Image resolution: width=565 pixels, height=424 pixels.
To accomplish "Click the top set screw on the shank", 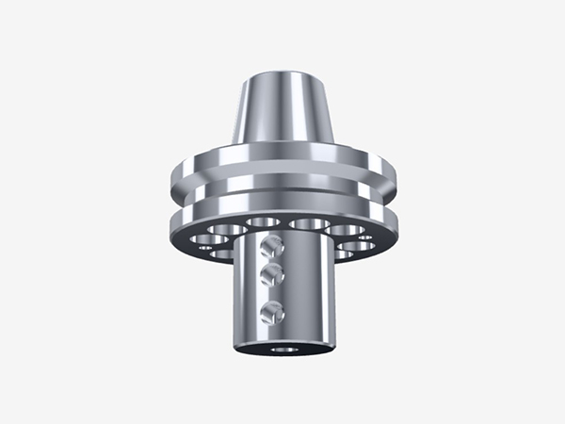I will pyautogui.click(x=271, y=247).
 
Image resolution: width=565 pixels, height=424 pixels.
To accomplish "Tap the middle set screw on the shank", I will pyautogui.click(x=272, y=275).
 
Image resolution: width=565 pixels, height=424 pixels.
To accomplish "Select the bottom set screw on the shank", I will pyautogui.click(x=272, y=311).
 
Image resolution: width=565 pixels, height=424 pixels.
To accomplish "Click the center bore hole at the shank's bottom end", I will pyautogui.click(x=282, y=348).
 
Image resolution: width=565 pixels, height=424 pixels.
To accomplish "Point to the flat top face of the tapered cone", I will pyautogui.click(x=282, y=74).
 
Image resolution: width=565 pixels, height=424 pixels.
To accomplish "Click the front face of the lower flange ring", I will pyautogui.click(x=282, y=208).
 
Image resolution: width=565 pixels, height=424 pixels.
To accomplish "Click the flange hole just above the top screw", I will pyautogui.click(x=263, y=223).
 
